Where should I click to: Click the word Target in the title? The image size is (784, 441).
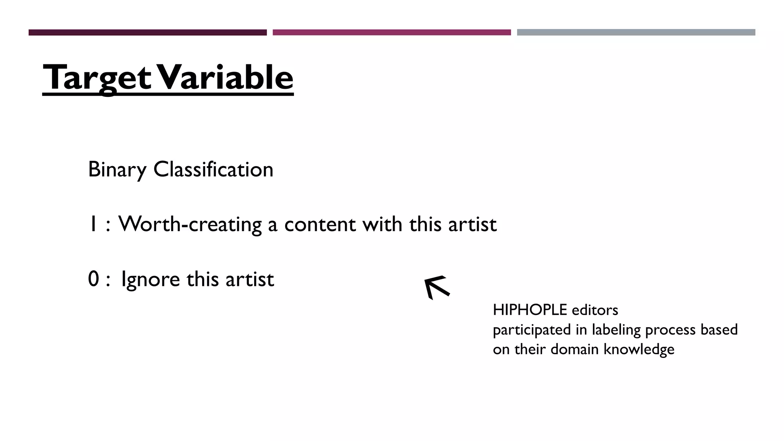tap(97, 78)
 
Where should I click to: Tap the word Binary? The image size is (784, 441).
tap(117, 170)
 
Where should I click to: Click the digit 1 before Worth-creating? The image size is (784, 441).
tap(92, 224)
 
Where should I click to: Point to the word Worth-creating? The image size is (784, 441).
tap(190, 224)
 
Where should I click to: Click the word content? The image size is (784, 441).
tap(320, 224)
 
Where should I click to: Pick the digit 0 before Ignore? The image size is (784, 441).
tap(93, 279)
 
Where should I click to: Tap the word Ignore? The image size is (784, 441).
tap(150, 279)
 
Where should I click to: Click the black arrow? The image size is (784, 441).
tap(437, 287)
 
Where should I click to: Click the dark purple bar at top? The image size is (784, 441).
tap(147, 33)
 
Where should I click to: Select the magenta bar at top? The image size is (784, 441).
tap(392, 33)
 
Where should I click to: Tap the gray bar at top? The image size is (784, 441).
tap(636, 33)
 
